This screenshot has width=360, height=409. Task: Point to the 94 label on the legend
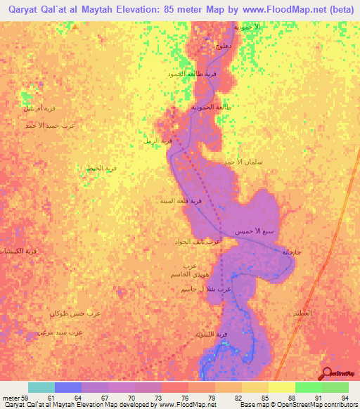[x=345, y=398]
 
